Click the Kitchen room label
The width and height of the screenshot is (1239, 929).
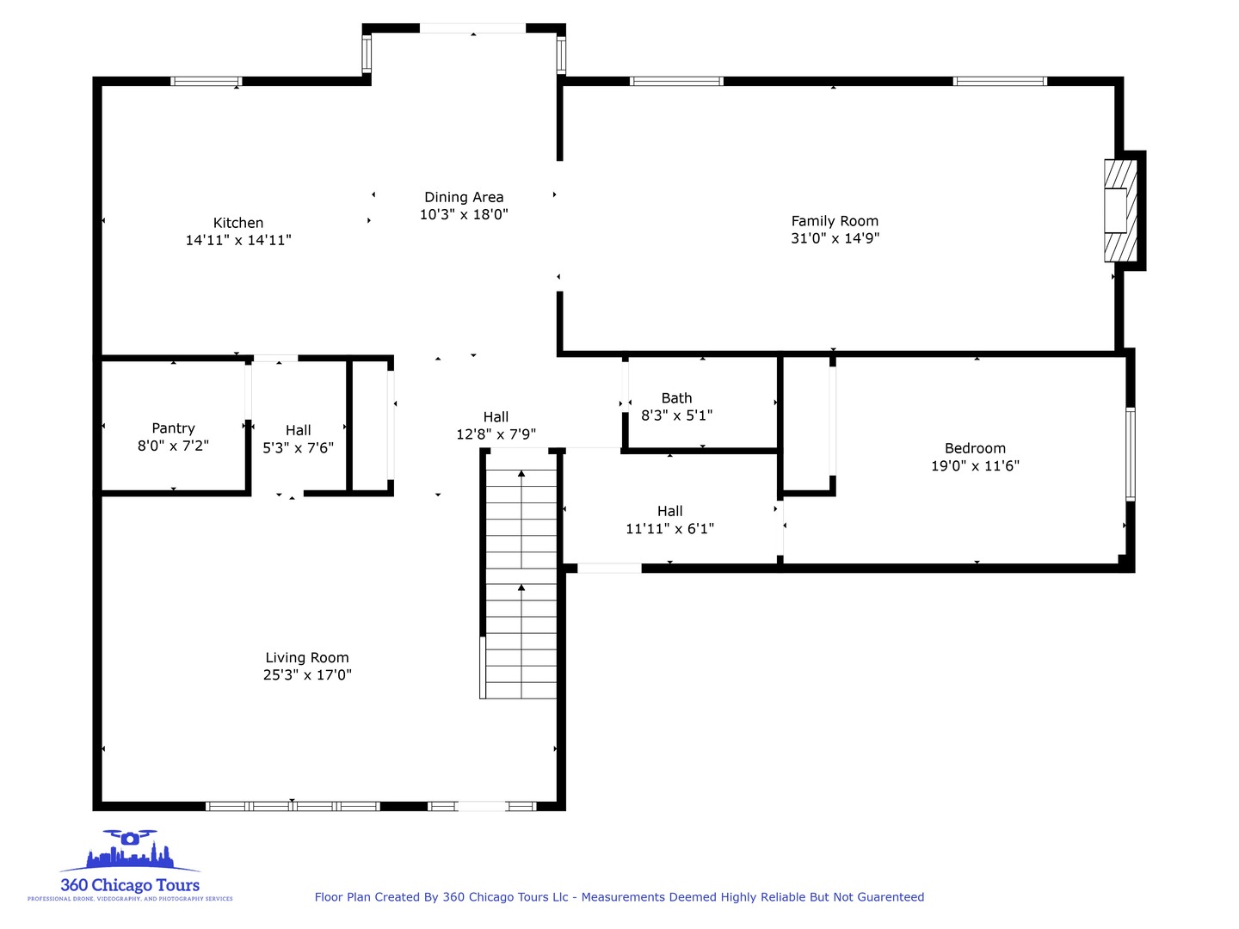click(x=238, y=223)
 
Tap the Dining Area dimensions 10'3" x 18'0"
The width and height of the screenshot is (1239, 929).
click(x=464, y=215)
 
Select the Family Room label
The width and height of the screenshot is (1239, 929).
click(x=835, y=221)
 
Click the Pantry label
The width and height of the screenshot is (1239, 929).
click(x=173, y=428)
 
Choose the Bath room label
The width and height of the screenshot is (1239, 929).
click(x=676, y=398)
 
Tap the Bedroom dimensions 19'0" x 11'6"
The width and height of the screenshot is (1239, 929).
click(x=975, y=466)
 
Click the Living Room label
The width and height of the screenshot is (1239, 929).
click(x=307, y=658)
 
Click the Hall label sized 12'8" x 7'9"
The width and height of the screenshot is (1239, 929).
click(x=496, y=417)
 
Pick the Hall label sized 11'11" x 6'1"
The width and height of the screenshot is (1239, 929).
click(x=669, y=511)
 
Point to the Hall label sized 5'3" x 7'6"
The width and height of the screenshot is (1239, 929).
click(x=298, y=430)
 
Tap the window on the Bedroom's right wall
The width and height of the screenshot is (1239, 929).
click(x=1131, y=453)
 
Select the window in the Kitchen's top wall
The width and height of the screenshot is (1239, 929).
click(x=206, y=82)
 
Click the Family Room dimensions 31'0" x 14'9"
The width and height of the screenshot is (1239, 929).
click(x=835, y=239)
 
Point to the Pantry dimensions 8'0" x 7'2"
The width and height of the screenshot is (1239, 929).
click(x=173, y=446)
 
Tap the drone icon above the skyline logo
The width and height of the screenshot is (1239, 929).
click(x=130, y=837)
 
